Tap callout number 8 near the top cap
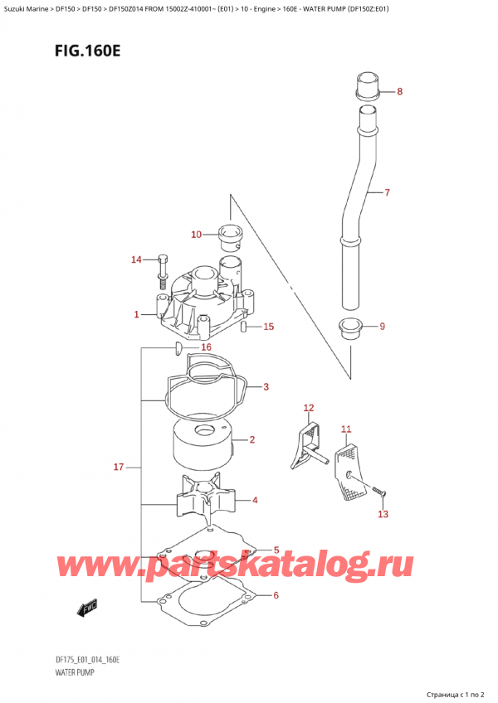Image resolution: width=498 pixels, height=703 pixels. pyautogui.click(x=399, y=92)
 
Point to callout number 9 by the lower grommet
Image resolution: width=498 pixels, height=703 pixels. pyautogui.click(x=382, y=326)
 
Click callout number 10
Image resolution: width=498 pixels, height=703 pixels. pyautogui.click(x=196, y=235)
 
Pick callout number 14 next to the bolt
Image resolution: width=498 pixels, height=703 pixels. pyautogui.click(x=137, y=260)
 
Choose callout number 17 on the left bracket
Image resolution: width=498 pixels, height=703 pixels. pyautogui.click(x=119, y=468)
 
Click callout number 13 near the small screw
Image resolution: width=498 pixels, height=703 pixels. pyautogui.click(x=382, y=514)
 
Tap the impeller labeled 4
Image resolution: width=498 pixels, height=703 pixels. pyautogui.click(x=206, y=501)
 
